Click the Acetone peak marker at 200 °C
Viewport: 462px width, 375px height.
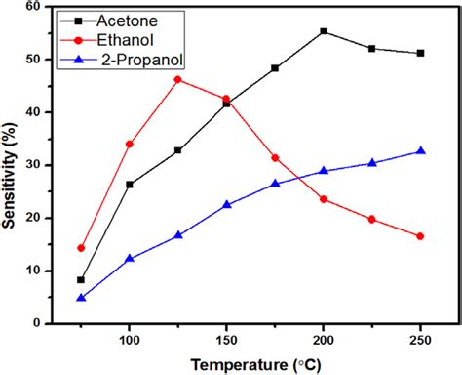(324, 31)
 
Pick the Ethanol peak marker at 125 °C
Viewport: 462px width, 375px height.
(177, 79)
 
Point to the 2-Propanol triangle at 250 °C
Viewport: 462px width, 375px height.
(420, 150)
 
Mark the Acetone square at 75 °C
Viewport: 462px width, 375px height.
(81, 280)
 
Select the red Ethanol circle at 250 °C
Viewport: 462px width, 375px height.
(420, 236)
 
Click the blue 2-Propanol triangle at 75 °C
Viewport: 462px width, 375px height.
(81, 298)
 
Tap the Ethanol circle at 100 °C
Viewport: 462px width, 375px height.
(130, 144)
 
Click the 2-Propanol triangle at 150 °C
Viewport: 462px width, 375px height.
(226, 204)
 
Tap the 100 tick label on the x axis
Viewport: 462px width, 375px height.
(130, 339)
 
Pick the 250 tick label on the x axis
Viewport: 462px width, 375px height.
(420, 339)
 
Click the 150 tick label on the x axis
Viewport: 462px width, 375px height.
(226, 339)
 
